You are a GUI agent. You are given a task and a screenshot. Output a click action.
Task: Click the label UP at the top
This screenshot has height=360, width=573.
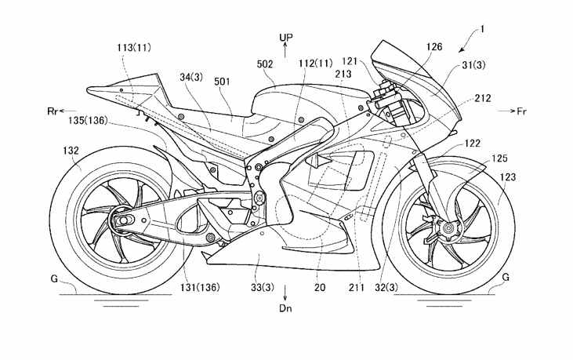pyautogui.click(x=286, y=37)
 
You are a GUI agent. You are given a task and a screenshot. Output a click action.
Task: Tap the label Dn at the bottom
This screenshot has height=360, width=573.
pyautogui.click(x=285, y=309)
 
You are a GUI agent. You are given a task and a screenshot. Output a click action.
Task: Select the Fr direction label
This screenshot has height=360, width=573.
pyautogui.click(x=521, y=111)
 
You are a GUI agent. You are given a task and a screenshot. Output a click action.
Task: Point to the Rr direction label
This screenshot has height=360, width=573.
pyautogui.click(x=53, y=111)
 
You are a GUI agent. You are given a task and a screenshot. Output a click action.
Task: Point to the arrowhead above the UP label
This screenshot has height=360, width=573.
pyautogui.click(x=286, y=48)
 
